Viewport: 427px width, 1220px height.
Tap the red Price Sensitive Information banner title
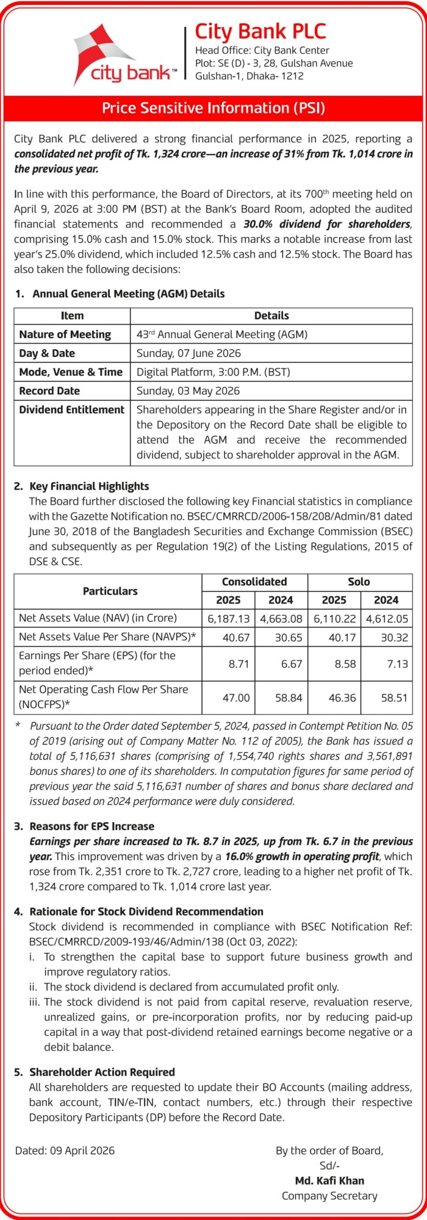213,109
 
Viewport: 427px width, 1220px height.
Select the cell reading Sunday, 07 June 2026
188,353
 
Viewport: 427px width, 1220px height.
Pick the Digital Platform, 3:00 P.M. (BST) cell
205,372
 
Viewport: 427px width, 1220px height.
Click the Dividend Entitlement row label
71,410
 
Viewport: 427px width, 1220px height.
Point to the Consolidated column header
254,582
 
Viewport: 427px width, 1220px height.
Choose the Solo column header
359,582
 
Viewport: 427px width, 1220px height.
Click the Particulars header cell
110,591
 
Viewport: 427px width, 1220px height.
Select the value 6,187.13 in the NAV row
229,618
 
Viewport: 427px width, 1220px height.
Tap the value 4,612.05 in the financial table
386,618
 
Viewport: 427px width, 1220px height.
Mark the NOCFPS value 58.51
394,698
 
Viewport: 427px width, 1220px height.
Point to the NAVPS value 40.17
342,637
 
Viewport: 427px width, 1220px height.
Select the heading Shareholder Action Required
102,1072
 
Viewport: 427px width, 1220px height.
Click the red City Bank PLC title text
260,31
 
